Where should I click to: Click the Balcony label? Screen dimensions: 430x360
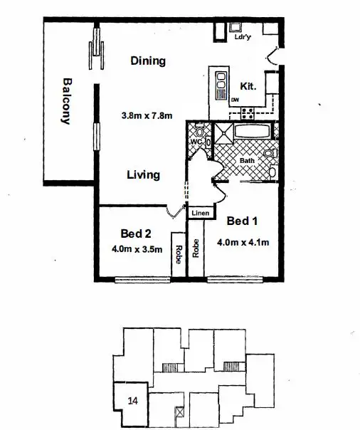pos(67,101)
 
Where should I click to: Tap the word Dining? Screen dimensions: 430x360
pos(148,61)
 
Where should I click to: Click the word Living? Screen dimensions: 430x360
pos(143,175)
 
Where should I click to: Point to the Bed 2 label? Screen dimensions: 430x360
pos(136,234)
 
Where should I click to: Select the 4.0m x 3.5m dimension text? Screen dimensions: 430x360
pos(137,249)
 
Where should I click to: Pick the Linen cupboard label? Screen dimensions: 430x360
pos(199,213)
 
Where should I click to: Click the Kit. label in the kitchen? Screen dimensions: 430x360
pos(248,85)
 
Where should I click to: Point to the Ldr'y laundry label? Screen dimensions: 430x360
pos(243,38)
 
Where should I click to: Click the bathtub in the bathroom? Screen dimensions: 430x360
pos(252,132)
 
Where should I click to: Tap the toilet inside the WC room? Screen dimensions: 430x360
pos(199,132)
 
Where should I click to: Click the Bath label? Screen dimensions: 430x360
pos(246,161)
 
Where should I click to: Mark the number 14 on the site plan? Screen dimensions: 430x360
pos(132,401)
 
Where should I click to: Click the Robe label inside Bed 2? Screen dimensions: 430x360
pos(178,254)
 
